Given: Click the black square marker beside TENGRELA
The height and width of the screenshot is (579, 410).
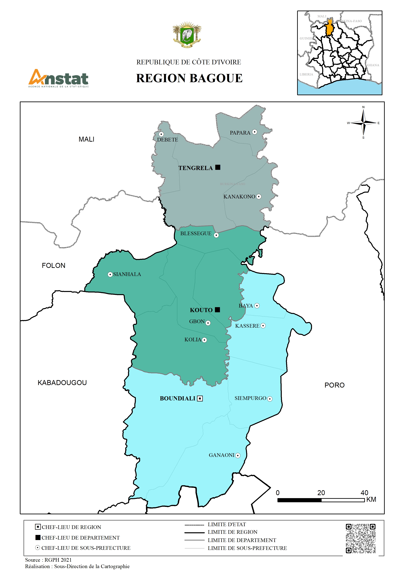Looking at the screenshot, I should click(218, 167).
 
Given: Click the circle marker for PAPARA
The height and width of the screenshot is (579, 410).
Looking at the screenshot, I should click(255, 132).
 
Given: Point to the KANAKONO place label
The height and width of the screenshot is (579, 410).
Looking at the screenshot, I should click(239, 196).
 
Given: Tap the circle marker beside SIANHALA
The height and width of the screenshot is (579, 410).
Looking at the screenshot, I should click(110, 274).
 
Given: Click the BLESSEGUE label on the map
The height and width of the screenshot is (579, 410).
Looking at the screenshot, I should click(196, 234).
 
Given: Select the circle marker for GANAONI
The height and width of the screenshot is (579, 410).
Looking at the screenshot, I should click(238, 455).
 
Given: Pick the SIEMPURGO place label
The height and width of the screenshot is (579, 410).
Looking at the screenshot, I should click(250, 398).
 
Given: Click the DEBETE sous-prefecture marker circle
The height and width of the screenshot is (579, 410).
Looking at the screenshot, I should click(161, 134).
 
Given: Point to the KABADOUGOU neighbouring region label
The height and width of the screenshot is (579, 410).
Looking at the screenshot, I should click(62, 383).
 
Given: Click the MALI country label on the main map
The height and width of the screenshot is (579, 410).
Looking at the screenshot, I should click(86, 139).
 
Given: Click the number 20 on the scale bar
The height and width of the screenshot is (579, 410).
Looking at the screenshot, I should click(321, 493).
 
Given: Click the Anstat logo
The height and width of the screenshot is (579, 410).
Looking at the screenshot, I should click(59, 78).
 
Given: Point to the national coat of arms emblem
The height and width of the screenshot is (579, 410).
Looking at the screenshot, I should click(187, 35).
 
